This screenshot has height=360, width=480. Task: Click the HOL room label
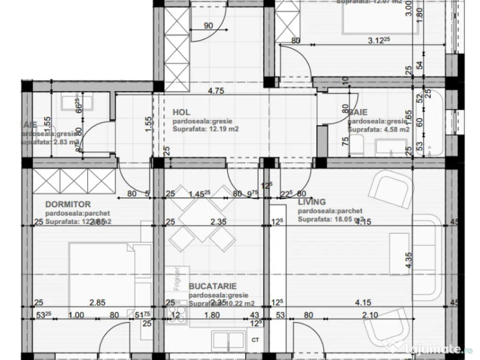coord(181,112)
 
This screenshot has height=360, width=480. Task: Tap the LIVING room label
coord(312,202)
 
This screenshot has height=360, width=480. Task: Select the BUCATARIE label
coord(212,286)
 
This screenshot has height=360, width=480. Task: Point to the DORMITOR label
coord(68,204)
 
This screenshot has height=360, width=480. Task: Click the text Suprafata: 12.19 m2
coord(206,129)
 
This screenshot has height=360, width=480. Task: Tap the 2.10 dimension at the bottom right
coord(370,316)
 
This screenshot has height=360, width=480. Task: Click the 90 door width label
coord(210,25)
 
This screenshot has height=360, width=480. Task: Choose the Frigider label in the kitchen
coord(177,278)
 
